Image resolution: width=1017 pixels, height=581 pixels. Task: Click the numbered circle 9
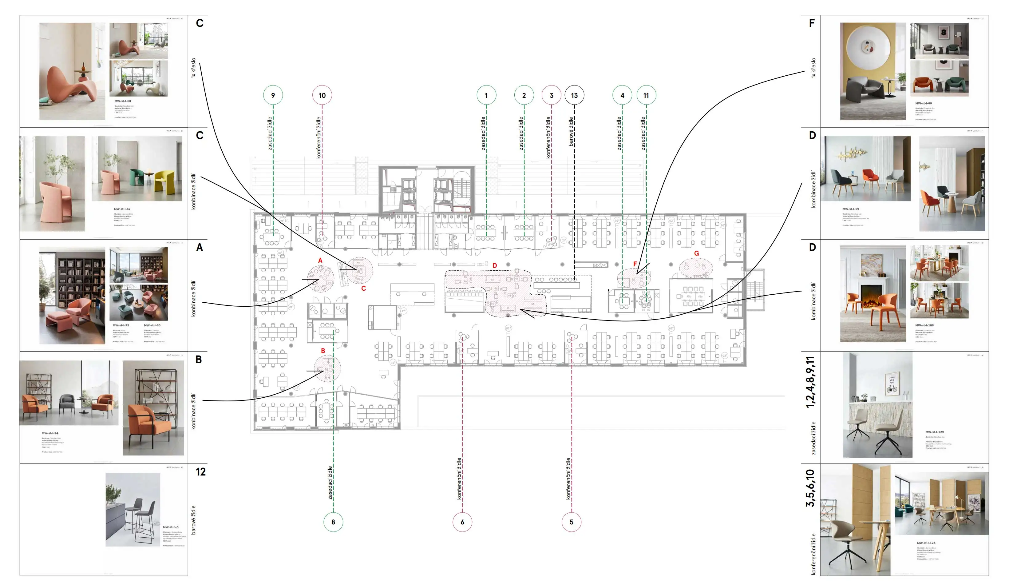(x=273, y=95)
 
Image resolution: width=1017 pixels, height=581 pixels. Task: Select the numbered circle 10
(x=322, y=95)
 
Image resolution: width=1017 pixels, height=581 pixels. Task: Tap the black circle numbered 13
(x=574, y=95)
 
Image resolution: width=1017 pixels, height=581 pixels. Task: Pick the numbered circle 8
(x=333, y=522)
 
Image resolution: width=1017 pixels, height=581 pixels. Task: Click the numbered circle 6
(x=462, y=522)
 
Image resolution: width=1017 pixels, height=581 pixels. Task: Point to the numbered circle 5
(x=571, y=522)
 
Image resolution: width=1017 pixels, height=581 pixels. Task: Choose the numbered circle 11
(x=646, y=95)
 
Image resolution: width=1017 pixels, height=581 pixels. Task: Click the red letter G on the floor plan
(x=696, y=253)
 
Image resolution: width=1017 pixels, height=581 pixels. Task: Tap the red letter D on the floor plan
(x=495, y=265)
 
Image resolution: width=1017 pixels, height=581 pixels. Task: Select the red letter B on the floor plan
(x=323, y=351)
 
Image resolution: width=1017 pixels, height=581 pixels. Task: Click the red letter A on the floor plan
(x=320, y=261)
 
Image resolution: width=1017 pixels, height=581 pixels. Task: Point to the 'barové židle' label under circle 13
(x=571, y=131)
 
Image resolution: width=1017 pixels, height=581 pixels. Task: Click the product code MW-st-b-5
(x=171, y=527)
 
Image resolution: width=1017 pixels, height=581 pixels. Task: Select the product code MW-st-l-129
(x=934, y=432)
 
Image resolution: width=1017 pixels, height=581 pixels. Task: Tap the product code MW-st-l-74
(x=50, y=433)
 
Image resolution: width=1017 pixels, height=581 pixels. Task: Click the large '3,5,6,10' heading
(x=810, y=487)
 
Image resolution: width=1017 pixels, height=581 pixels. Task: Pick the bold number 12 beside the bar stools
(x=201, y=472)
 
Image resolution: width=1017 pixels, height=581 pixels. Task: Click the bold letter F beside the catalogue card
(x=812, y=23)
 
